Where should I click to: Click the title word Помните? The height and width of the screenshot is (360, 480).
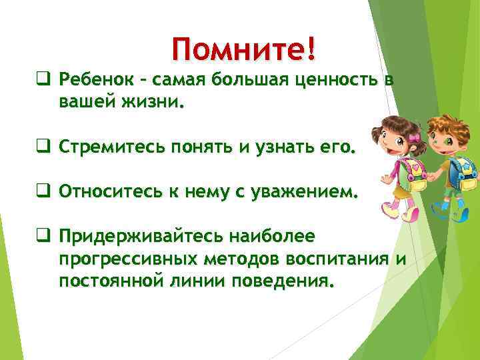[238, 48]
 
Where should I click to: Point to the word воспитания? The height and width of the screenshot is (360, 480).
[331, 259]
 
